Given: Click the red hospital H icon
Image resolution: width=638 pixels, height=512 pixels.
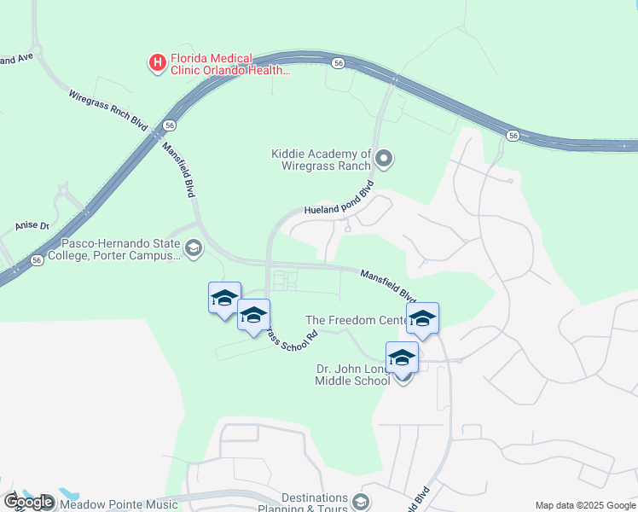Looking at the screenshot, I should coord(157,62).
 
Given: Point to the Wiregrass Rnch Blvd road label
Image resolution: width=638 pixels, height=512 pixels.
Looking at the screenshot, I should coord(107,108).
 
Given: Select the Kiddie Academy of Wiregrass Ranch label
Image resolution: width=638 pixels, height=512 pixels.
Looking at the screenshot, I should coord(322,160).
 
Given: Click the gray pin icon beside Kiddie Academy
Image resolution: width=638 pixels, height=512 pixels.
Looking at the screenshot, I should coord(384,158).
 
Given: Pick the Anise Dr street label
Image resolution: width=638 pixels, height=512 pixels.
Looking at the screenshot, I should coord(32,226).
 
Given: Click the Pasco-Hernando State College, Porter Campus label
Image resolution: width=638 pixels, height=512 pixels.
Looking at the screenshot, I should coord(114,248).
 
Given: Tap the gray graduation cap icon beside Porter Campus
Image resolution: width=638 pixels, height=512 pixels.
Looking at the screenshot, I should coord(194,248).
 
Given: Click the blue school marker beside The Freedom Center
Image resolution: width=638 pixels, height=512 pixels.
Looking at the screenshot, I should coord(422,319).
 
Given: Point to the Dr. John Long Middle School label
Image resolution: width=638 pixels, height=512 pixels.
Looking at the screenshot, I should coord(354,374).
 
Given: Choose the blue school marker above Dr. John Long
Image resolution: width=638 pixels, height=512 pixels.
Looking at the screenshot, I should coord(402,358).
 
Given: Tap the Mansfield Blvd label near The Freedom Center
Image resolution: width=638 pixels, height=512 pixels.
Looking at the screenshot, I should coord(387,287).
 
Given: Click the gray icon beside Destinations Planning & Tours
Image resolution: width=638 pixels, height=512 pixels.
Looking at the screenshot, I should coord(361,501).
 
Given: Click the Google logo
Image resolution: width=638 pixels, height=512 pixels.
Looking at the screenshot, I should coord(27,503).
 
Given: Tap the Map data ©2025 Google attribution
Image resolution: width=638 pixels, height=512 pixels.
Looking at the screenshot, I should coord(584,505).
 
